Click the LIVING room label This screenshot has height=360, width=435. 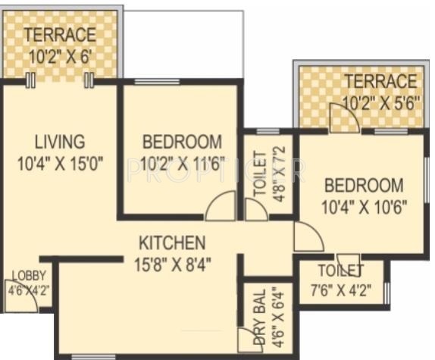point(58,142)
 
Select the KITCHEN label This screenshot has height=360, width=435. point(172,243)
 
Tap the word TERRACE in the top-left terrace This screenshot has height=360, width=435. point(60,35)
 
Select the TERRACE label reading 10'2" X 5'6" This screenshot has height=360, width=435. point(380,81)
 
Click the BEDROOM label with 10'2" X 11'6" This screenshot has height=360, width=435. point(183,142)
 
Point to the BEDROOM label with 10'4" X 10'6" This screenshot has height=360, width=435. point(364,186)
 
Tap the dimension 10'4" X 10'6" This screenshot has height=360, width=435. point(364,205)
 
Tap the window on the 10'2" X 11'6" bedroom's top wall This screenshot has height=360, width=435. point(156,81)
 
